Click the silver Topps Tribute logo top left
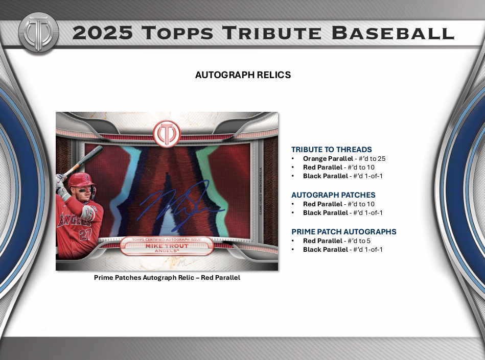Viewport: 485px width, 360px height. (x=38, y=32)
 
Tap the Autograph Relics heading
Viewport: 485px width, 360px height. (x=243, y=75)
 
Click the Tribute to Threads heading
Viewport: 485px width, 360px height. (x=331, y=150)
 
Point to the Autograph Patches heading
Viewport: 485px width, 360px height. (x=333, y=195)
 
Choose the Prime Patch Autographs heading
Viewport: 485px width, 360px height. (x=343, y=232)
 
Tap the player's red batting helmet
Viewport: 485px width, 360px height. (x=82, y=181)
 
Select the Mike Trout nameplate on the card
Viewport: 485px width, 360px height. (x=167, y=247)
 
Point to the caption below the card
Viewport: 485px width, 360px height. (x=167, y=278)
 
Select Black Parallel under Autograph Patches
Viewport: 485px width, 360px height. (x=326, y=213)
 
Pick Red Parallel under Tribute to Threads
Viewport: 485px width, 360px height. (x=323, y=167)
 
